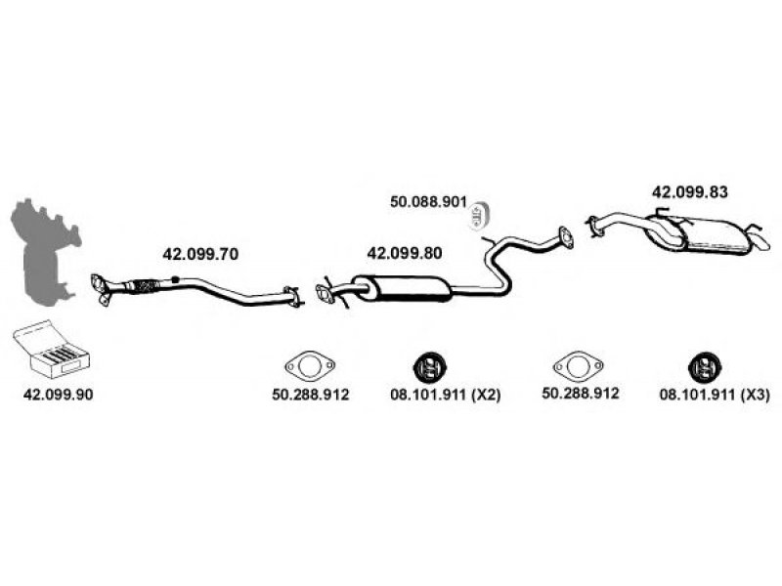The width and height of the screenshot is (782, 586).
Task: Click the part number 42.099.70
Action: click(x=199, y=253)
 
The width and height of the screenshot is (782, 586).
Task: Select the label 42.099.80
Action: click(x=404, y=253)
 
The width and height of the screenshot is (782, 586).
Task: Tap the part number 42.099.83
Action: click(x=690, y=192)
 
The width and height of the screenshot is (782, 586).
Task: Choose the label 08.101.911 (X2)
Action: click(x=430, y=395)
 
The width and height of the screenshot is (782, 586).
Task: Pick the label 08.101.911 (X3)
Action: click(x=700, y=395)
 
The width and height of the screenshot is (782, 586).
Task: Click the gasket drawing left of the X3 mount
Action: click(x=580, y=367)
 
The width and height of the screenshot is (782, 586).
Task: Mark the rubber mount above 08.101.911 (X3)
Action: click(x=701, y=367)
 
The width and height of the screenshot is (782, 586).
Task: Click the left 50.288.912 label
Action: click(x=310, y=395)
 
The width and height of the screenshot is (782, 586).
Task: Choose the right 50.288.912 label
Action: click(x=580, y=395)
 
